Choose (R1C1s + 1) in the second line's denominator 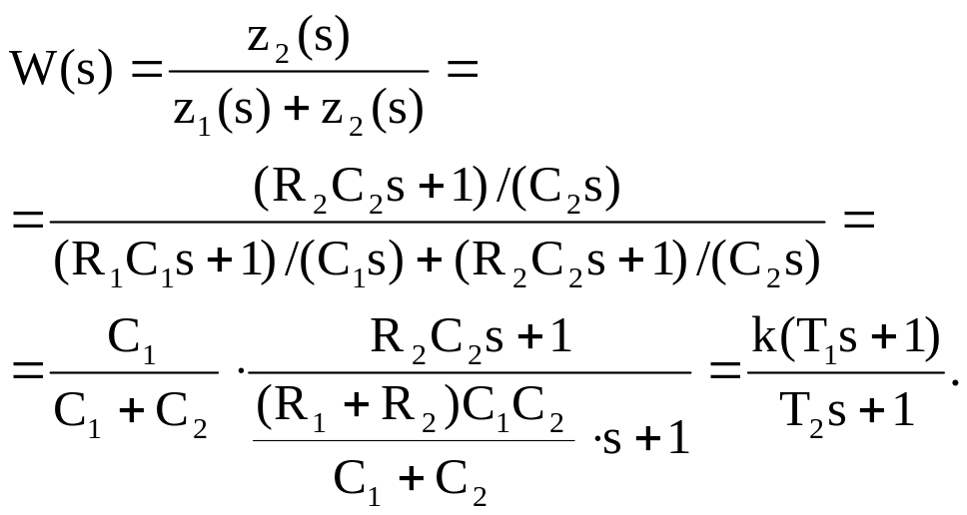pyautogui.click(x=163, y=262)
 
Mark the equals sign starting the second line pyautogui.click(x=27, y=221)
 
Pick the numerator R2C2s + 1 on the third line pyautogui.click(x=471, y=337)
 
